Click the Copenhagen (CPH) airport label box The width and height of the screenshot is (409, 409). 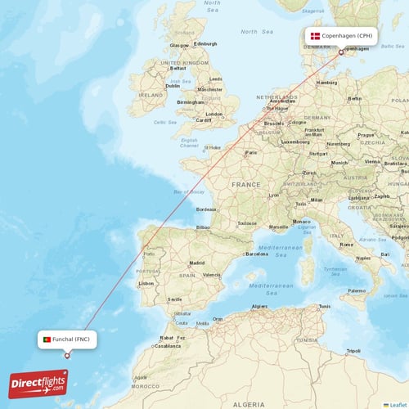pos(341,36)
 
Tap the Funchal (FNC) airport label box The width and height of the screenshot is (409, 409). pos(67,339)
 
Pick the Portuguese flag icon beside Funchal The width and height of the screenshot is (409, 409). pos(47,339)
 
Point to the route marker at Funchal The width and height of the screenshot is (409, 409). pos(67,355)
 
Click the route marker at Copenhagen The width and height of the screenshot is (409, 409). pos(341,52)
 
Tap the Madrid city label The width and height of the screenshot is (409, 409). pos(197,263)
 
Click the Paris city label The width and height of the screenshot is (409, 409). pos(251,152)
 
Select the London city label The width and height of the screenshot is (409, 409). pos(214,114)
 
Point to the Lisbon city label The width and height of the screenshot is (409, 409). pos(146,284)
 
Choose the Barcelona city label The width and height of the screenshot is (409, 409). pos(256,254)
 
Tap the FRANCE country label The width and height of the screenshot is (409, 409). pos(245,185)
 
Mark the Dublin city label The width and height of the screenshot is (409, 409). pos(173,86)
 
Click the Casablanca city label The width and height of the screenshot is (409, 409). pos(167,345)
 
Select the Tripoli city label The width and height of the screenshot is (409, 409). pos(353,351)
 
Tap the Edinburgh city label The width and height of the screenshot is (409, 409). pos(205,43)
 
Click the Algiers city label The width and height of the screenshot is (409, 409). pos(260,306)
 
